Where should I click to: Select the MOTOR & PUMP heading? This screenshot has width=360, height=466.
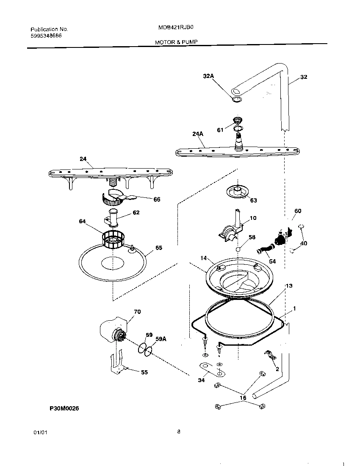click(x=176, y=42)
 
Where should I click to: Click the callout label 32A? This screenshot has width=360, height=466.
click(x=208, y=76)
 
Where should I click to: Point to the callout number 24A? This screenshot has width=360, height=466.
click(x=198, y=133)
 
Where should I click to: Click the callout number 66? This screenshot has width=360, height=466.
click(x=157, y=199)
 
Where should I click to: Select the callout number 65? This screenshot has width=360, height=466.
click(x=158, y=247)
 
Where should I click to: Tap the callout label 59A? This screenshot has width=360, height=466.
click(x=161, y=338)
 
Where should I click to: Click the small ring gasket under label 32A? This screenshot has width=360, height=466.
click(x=237, y=100)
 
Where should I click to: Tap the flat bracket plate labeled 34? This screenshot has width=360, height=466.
click(x=210, y=369)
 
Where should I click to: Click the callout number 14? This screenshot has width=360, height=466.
click(x=203, y=258)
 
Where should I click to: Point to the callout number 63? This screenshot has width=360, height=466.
click(x=253, y=200)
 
